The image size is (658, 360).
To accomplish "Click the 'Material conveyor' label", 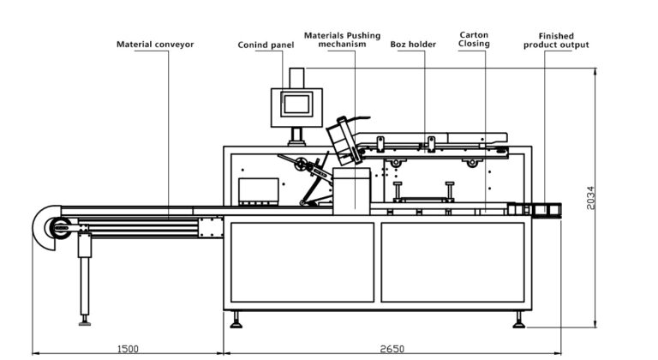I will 155,44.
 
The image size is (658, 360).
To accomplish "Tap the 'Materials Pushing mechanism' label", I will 342,39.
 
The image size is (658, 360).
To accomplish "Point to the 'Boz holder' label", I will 413,44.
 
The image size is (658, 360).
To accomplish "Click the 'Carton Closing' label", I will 474,39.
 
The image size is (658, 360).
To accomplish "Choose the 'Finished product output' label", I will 556,40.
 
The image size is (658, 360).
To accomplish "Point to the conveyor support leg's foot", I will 84,321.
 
